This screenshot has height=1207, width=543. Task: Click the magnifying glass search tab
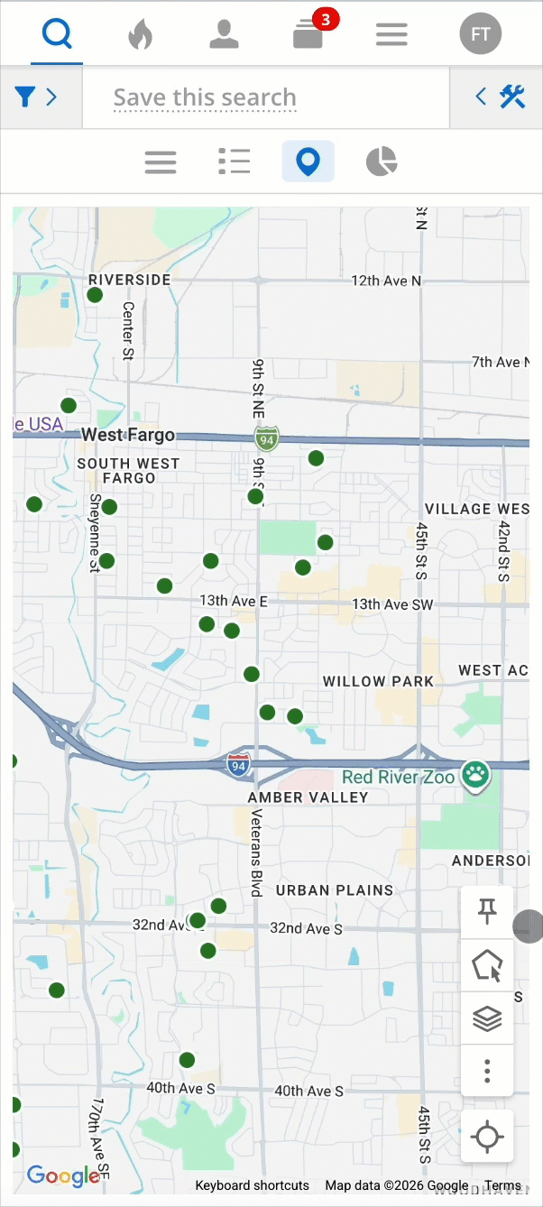[57, 35]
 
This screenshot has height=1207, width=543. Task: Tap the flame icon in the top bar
[140, 35]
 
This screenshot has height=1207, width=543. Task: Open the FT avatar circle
[480, 35]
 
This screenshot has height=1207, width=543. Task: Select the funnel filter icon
[25, 97]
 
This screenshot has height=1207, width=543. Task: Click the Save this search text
[205, 97]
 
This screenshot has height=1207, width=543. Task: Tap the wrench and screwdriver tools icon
[512, 97]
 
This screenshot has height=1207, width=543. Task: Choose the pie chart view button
[382, 162]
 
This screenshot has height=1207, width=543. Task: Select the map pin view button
[308, 162]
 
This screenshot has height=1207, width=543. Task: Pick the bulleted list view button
[235, 162]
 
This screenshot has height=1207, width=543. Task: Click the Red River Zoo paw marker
[475, 773]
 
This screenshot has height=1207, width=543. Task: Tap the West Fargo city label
[128, 435]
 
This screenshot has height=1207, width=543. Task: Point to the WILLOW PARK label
[378, 681]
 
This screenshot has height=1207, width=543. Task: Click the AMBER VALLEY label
[308, 797]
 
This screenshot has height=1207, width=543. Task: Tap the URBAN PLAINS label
[335, 889]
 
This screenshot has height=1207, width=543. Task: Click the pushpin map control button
[487, 912]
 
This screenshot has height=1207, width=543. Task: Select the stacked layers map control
[487, 1018]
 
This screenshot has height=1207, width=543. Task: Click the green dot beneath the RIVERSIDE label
[95, 295]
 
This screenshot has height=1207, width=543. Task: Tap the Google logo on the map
[63, 1175]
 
